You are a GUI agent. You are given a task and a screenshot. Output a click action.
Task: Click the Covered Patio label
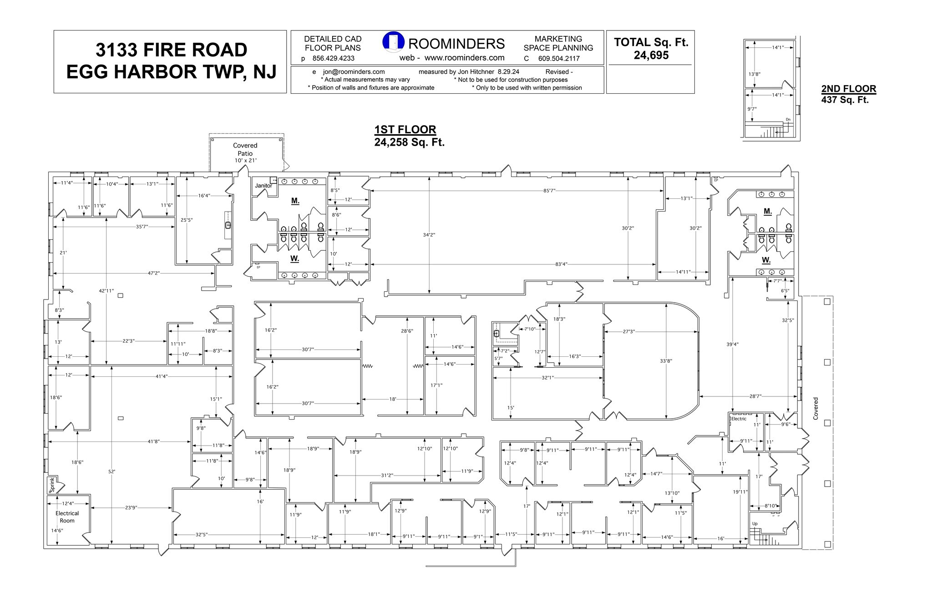(245, 149)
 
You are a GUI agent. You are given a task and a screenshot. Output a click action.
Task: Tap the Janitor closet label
(263, 186)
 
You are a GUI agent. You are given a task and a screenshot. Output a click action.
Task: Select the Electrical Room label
(67, 517)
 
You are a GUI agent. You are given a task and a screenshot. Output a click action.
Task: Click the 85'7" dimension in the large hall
(549, 191)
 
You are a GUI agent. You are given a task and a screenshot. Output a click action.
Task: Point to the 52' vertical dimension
(111, 471)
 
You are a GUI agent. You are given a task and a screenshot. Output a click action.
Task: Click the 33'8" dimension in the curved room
(666, 361)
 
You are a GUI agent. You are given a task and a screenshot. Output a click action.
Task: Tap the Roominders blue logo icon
(393, 42)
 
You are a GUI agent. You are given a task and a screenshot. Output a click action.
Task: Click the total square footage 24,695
(651, 55)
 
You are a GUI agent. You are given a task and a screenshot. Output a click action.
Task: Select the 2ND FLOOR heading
(848, 89)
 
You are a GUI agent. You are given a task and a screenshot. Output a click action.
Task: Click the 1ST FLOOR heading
(405, 130)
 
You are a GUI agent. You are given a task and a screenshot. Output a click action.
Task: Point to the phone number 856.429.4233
(333, 58)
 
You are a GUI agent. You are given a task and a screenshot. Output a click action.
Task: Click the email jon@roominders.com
(354, 71)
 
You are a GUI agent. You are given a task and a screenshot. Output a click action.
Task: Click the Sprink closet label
(52, 485)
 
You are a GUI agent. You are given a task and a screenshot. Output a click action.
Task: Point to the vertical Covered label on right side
(815, 408)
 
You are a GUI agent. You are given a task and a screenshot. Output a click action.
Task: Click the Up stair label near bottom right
(755, 524)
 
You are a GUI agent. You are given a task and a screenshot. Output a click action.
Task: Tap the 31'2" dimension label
(387, 476)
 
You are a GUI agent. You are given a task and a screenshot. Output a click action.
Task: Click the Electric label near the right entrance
(739, 419)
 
